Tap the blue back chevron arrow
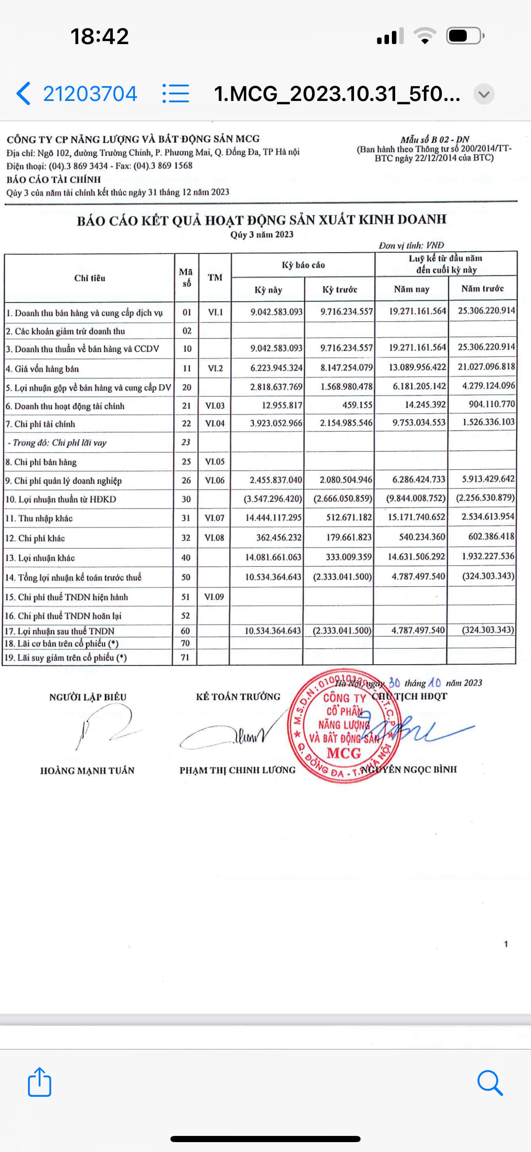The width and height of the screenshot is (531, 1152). [x=23, y=94]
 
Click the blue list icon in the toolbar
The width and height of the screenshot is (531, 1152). [x=176, y=94]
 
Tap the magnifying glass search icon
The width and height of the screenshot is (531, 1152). [x=490, y=1083]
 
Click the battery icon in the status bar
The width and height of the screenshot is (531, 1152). [x=464, y=36]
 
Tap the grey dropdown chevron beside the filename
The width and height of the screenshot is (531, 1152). [x=484, y=94]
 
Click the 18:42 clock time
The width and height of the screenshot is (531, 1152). [x=100, y=36]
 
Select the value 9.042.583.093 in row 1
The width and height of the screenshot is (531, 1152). [x=276, y=312]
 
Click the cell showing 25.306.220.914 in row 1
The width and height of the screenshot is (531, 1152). [x=486, y=310]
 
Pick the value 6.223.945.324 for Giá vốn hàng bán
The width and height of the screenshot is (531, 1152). [x=276, y=368]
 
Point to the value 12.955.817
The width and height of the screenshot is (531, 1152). [x=282, y=405]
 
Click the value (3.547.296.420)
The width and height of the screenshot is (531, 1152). [x=272, y=499]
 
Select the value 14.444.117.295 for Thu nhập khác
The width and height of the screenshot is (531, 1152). [x=274, y=518]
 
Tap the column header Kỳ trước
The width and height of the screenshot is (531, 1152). [x=340, y=289]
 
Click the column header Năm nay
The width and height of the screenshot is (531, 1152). [x=411, y=289]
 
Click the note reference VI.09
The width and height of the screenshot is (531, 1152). [x=214, y=597]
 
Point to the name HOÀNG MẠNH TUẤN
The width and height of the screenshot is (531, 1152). [x=87, y=770]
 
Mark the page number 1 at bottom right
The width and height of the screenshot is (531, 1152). [x=506, y=944]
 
